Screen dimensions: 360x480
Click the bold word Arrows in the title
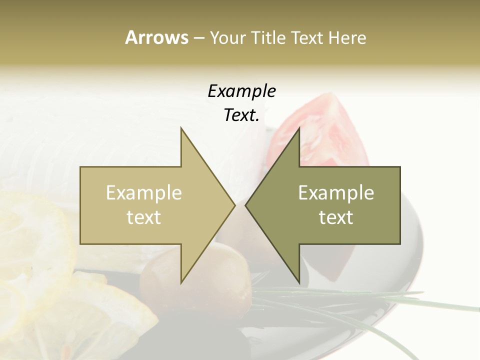(156, 37)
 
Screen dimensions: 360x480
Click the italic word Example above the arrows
(241, 91)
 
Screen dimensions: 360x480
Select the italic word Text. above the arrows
(241, 115)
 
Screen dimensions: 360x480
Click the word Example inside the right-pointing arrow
(143, 192)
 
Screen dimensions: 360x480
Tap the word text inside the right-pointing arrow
(143, 217)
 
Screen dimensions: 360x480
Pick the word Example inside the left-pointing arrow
(336, 192)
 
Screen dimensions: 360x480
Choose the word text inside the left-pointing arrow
(336, 217)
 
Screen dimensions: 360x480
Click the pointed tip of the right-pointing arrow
(234, 205)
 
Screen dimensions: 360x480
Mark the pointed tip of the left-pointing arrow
(246, 205)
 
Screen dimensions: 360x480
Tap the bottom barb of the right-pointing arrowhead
(182, 280)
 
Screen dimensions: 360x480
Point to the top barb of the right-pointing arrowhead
(182, 131)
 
